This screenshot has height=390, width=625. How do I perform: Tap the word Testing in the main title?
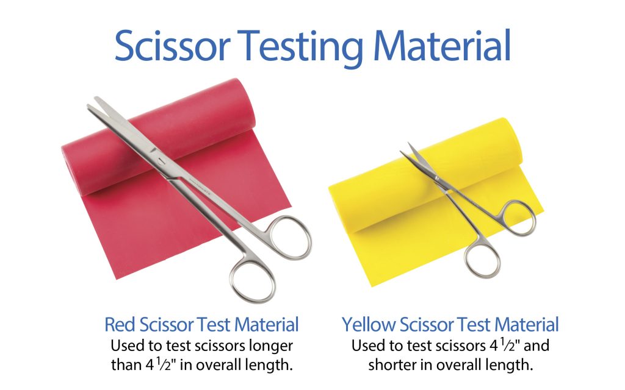(x=303, y=48)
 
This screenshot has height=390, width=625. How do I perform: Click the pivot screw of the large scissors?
(x=161, y=161)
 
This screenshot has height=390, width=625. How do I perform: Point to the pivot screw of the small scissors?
(x=437, y=179)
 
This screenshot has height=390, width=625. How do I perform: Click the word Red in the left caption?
(x=120, y=325)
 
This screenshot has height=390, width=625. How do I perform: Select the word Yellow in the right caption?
(x=369, y=325)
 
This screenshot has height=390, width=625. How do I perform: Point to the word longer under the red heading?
(x=270, y=346)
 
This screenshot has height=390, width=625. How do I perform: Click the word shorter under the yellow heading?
(x=394, y=364)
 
